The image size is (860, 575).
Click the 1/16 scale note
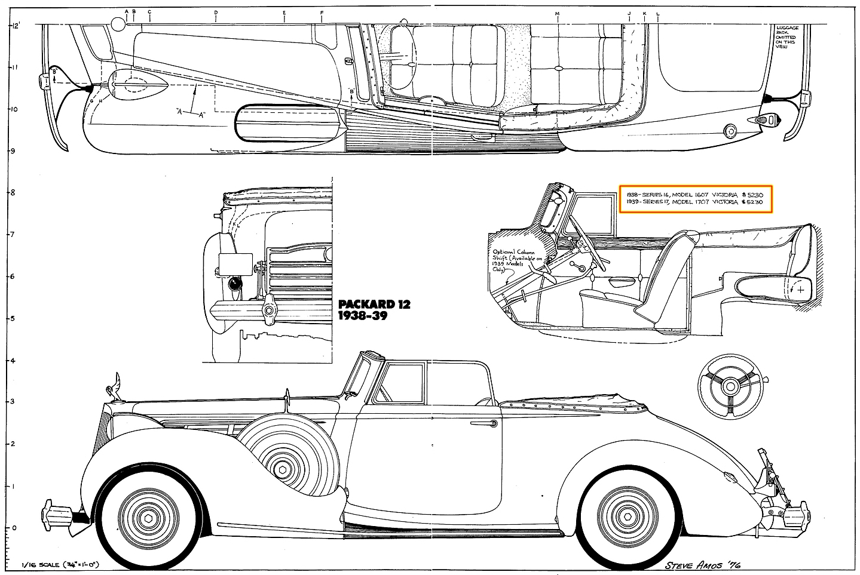pos(60,564)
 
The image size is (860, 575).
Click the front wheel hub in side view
pos(148,518)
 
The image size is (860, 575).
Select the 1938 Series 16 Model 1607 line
pos(694,194)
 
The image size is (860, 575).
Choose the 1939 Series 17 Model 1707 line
pos(694,202)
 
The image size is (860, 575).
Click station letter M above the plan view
pos(557,13)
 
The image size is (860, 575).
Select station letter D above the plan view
pos(216,13)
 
